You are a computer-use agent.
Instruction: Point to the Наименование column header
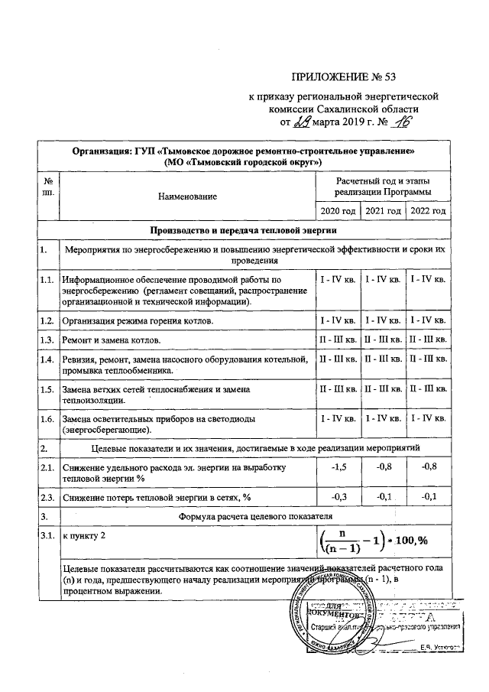[187, 197]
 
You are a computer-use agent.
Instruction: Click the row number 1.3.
[47, 339]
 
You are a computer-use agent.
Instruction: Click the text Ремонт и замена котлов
[112, 339]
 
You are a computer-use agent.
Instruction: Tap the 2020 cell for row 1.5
[338, 389]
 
